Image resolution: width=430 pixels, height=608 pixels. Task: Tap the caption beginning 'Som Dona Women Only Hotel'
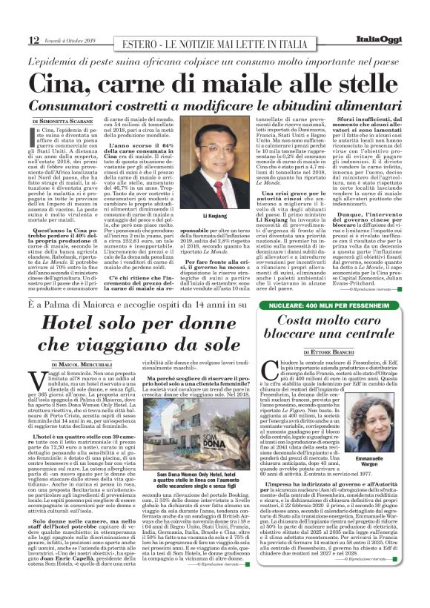[x=196, y=483]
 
